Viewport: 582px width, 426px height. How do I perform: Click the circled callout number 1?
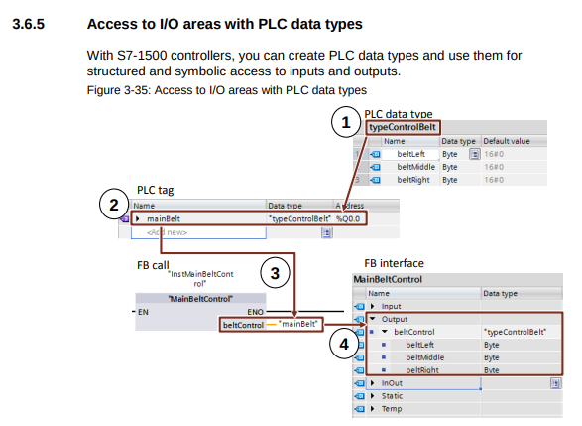[x=345, y=123]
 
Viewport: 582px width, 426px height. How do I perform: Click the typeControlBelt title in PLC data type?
[x=403, y=127]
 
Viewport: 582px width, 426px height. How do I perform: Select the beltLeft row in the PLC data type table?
[x=410, y=154]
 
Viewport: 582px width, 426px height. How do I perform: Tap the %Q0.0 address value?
[x=351, y=218]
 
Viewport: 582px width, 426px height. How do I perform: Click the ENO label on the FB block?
[x=255, y=311]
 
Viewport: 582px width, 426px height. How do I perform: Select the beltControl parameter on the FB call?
[x=244, y=324]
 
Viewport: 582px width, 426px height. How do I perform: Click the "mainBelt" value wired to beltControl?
[x=297, y=324]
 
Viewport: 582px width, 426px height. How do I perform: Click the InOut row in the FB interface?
[x=392, y=382]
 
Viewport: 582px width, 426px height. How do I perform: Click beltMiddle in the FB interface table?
[x=426, y=356]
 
